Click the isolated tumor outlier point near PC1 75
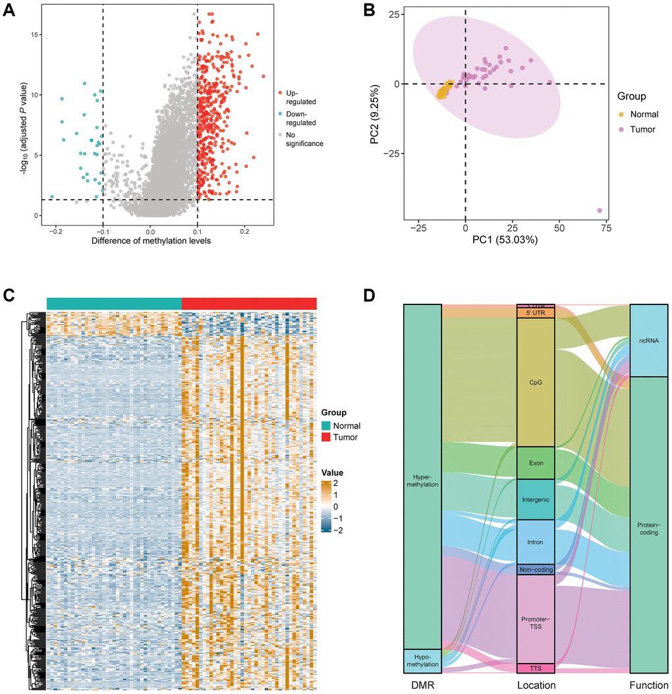[x=600, y=210]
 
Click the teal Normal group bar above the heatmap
[x=114, y=303]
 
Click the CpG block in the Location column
[x=536, y=382]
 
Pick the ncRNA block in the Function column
[x=649, y=341]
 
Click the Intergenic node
[x=536, y=499]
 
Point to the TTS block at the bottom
[x=536, y=668]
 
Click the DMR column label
[x=422, y=685]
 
